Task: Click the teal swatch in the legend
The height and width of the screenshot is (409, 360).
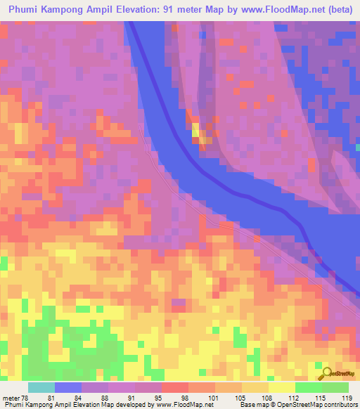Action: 41,387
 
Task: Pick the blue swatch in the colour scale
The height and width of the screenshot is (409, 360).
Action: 68,387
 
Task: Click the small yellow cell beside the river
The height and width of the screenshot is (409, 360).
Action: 196,130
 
